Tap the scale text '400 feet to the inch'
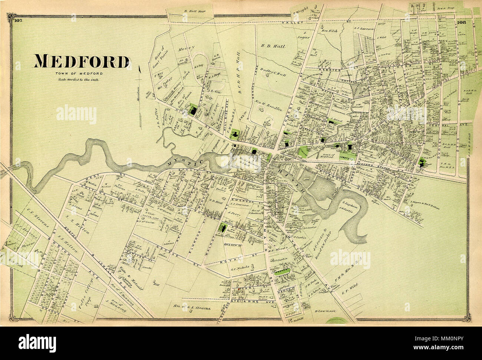(x=77, y=79)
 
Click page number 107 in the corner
(x=19, y=21)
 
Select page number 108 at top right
(x=462, y=22)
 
